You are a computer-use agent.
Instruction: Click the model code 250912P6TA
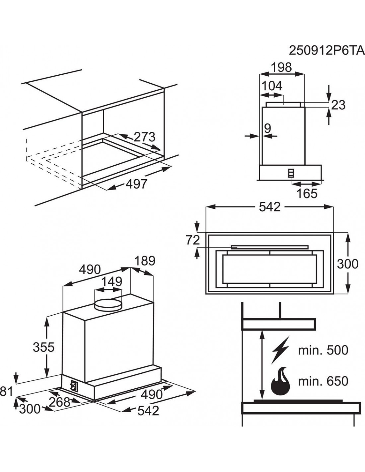click(327, 51)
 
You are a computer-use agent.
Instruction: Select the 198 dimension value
click(281, 67)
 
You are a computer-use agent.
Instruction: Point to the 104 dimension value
click(272, 86)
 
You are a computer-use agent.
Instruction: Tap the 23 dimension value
click(338, 105)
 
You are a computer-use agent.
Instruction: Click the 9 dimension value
click(268, 128)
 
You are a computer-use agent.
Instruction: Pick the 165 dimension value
click(307, 193)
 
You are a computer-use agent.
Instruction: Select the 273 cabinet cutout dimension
click(144, 137)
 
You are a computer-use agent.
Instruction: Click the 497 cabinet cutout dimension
click(136, 184)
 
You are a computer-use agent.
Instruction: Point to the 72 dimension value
click(193, 240)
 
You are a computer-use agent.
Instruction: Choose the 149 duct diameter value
click(111, 281)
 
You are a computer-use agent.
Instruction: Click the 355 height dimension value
click(43, 347)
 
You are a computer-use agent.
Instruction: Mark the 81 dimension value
click(6, 392)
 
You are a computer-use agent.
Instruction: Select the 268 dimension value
click(60, 402)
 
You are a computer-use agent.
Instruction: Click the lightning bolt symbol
click(280, 351)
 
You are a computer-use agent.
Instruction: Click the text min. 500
click(323, 350)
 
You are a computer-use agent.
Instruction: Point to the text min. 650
click(323, 381)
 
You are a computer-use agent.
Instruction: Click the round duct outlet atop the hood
click(108, 304)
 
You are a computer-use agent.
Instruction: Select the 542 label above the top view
click(270, 207)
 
